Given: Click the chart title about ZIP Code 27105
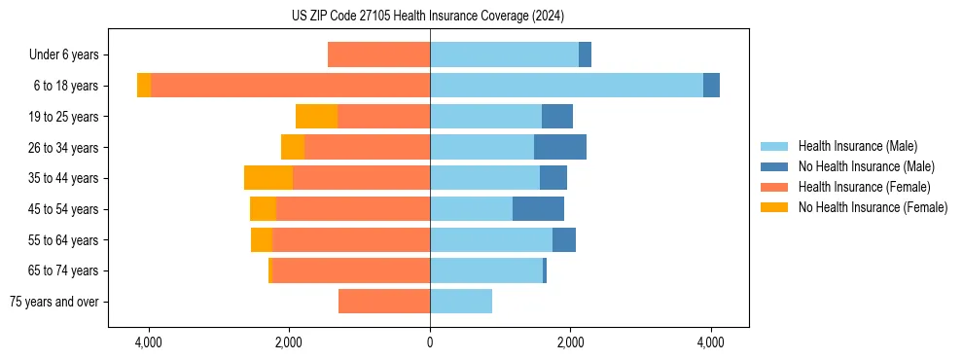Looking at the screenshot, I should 428,16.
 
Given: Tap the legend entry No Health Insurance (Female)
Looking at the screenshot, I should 873,207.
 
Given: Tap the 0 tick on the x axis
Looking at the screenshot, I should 430,343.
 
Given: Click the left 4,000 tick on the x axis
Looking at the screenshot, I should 149,343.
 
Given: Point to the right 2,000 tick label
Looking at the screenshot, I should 570,343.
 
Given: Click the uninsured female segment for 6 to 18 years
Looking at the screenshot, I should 144,86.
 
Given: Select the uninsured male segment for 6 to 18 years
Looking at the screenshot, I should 711,86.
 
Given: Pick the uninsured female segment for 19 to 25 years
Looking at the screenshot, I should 316,117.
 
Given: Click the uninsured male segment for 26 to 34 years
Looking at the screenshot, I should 560,147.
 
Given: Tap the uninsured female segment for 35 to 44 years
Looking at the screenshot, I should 268,178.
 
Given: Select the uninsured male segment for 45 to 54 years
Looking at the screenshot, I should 538,209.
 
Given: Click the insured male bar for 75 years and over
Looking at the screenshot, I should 461,302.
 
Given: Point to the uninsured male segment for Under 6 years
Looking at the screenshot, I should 585,55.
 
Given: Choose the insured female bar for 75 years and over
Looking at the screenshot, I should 384,302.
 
